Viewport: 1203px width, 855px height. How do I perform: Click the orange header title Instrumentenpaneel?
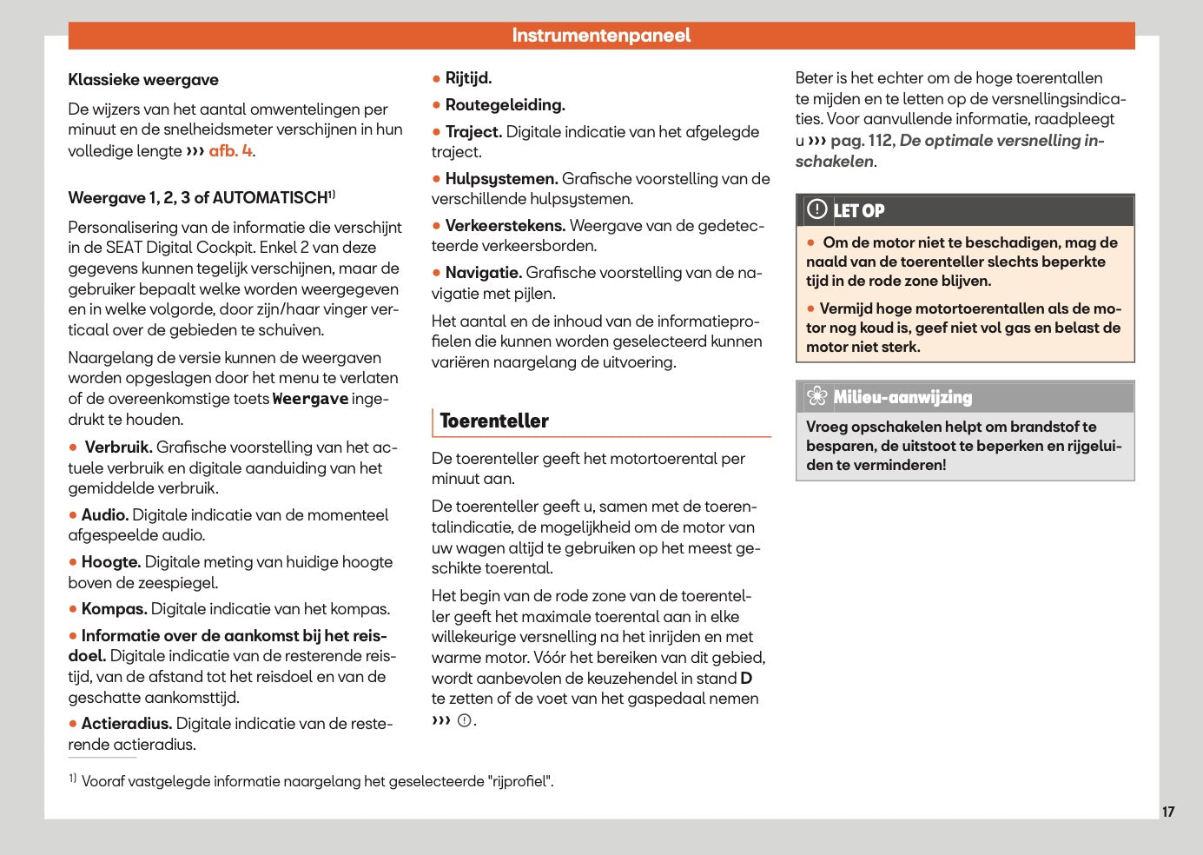(601, 36)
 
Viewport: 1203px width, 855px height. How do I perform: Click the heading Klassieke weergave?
(143, 80)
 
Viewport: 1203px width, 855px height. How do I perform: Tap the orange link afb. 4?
(230, 150)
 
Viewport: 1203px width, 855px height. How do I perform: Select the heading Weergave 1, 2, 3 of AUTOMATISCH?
(198, 198)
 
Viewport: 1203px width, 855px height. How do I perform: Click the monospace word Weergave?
(310, 399)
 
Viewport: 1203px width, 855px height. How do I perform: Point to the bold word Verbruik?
(118, 447)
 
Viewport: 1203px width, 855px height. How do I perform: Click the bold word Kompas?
(114, 609)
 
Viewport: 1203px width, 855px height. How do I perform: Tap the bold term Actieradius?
(126, 724)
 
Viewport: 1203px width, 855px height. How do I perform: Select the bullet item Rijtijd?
(468, 78)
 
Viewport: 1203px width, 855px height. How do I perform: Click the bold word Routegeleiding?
(505, 105)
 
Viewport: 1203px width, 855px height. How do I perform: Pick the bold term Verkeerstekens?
(505, 226)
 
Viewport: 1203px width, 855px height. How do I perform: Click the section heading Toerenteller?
(494, 421)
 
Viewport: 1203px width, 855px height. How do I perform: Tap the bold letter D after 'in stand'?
(746, 679)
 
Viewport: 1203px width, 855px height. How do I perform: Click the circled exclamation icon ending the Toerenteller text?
(465, 720)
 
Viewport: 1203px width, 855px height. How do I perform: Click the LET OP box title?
(859, 211)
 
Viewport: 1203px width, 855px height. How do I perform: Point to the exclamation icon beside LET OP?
(816, 209)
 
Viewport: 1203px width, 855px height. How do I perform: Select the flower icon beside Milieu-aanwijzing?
(816, 397)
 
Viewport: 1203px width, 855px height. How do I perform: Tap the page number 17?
(1168, 812)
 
